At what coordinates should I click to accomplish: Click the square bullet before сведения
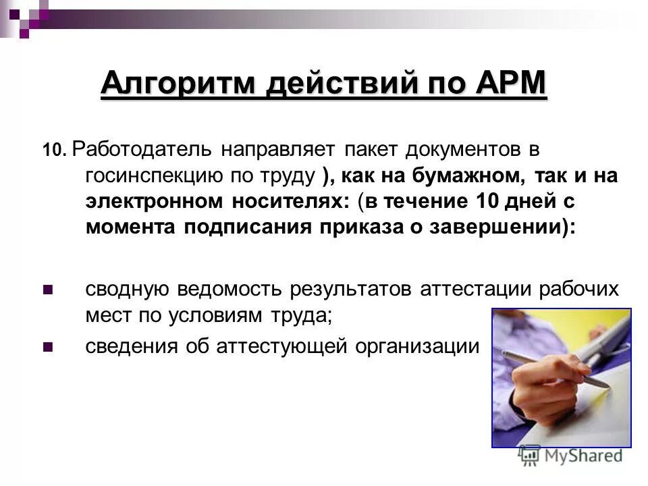click(x=48, y=347)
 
